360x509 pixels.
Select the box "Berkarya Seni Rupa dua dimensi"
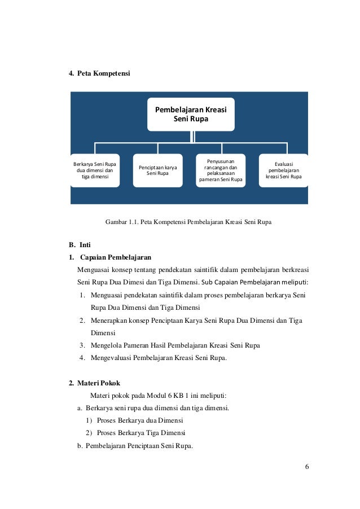(x=94, y=170)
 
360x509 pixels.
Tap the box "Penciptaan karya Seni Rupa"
(x=157, y=170)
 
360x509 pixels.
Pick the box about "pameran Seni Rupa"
(x=220, y=170)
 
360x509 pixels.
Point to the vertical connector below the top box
(x=192, y=136)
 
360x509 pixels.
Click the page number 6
(x=307, y=467)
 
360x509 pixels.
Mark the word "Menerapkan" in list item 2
(x=110, y=320)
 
